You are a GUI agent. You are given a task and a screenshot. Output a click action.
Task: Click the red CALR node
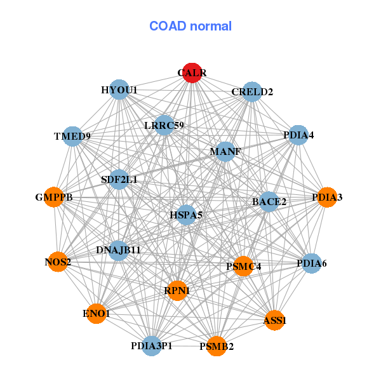192,73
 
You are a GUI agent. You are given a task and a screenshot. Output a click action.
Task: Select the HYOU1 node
119,90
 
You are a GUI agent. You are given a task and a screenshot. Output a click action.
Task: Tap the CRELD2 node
252,91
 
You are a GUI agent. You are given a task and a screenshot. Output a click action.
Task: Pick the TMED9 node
72,136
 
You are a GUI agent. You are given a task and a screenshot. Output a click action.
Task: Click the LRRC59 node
164,124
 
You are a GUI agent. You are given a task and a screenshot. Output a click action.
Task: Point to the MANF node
225,152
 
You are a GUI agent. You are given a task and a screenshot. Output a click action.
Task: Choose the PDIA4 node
298,135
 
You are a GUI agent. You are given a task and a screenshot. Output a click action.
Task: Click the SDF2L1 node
119,180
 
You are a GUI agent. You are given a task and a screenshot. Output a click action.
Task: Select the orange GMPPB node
54,197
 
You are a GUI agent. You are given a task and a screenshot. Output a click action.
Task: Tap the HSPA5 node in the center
186,215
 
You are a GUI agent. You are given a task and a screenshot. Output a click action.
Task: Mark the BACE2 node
269,202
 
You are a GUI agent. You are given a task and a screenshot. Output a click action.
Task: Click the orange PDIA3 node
327,197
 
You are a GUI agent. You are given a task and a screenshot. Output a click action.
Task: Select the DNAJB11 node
119,250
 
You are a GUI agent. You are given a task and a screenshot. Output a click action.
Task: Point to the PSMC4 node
244,266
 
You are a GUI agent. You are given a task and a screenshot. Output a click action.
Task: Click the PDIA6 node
311,263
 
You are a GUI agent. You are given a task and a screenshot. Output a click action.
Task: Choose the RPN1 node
177,290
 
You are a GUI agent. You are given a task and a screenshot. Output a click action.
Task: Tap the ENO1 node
96,313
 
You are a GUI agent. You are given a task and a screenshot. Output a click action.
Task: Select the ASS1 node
275,321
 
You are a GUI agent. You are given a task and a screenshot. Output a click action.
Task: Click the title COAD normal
190,27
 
